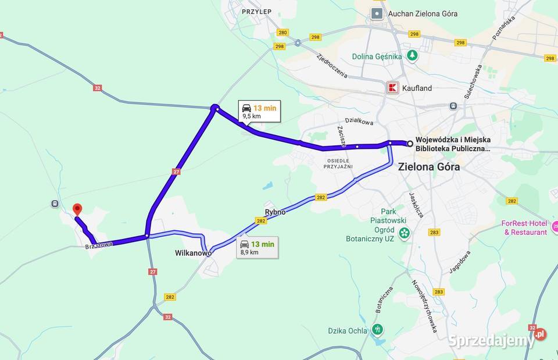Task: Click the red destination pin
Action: pos(77,210)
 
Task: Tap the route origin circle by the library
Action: pos(410,143)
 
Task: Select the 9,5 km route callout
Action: pos(259,111)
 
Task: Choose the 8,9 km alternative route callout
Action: pos(256,248)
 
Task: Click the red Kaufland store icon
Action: pos(393,88)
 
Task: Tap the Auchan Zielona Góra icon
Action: pos(377,13)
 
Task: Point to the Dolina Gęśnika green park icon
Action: pos(412,56)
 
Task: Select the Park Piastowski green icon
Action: pos(405,233)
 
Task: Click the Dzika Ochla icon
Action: pos(377,330)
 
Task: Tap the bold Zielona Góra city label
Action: pos(429,167)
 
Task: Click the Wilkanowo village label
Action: pos(193,253)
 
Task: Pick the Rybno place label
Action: pos(275,212)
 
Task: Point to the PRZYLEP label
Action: pos(257,11)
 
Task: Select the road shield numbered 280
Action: pos(282,33)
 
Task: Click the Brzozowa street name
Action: pos(99,245)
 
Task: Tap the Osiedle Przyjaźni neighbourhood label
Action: pos(339,163)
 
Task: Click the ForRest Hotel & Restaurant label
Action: pos(525,228)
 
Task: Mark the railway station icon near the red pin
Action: pos(55,204)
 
